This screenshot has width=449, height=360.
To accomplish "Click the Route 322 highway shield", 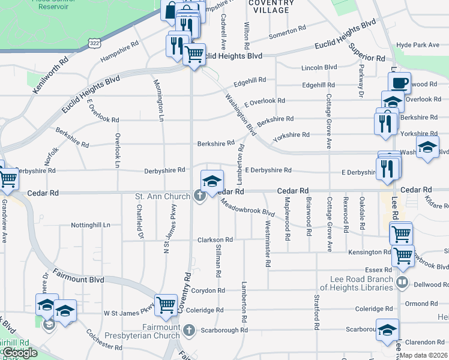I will click(93, 44).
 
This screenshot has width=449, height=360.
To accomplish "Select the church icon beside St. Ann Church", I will click(199, 196).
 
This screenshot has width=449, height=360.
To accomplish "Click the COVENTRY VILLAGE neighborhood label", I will click(271, 7).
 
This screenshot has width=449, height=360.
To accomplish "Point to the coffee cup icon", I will click(400, 82).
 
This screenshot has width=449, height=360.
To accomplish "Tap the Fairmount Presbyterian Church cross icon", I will click(188, 329).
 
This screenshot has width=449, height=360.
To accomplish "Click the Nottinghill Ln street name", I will click(91, 225).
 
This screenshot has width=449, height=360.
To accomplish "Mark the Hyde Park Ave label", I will click(418, 45).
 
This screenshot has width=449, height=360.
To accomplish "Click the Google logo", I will click(19, 353).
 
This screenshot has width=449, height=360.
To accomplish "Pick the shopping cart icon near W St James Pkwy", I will click(165, 304).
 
